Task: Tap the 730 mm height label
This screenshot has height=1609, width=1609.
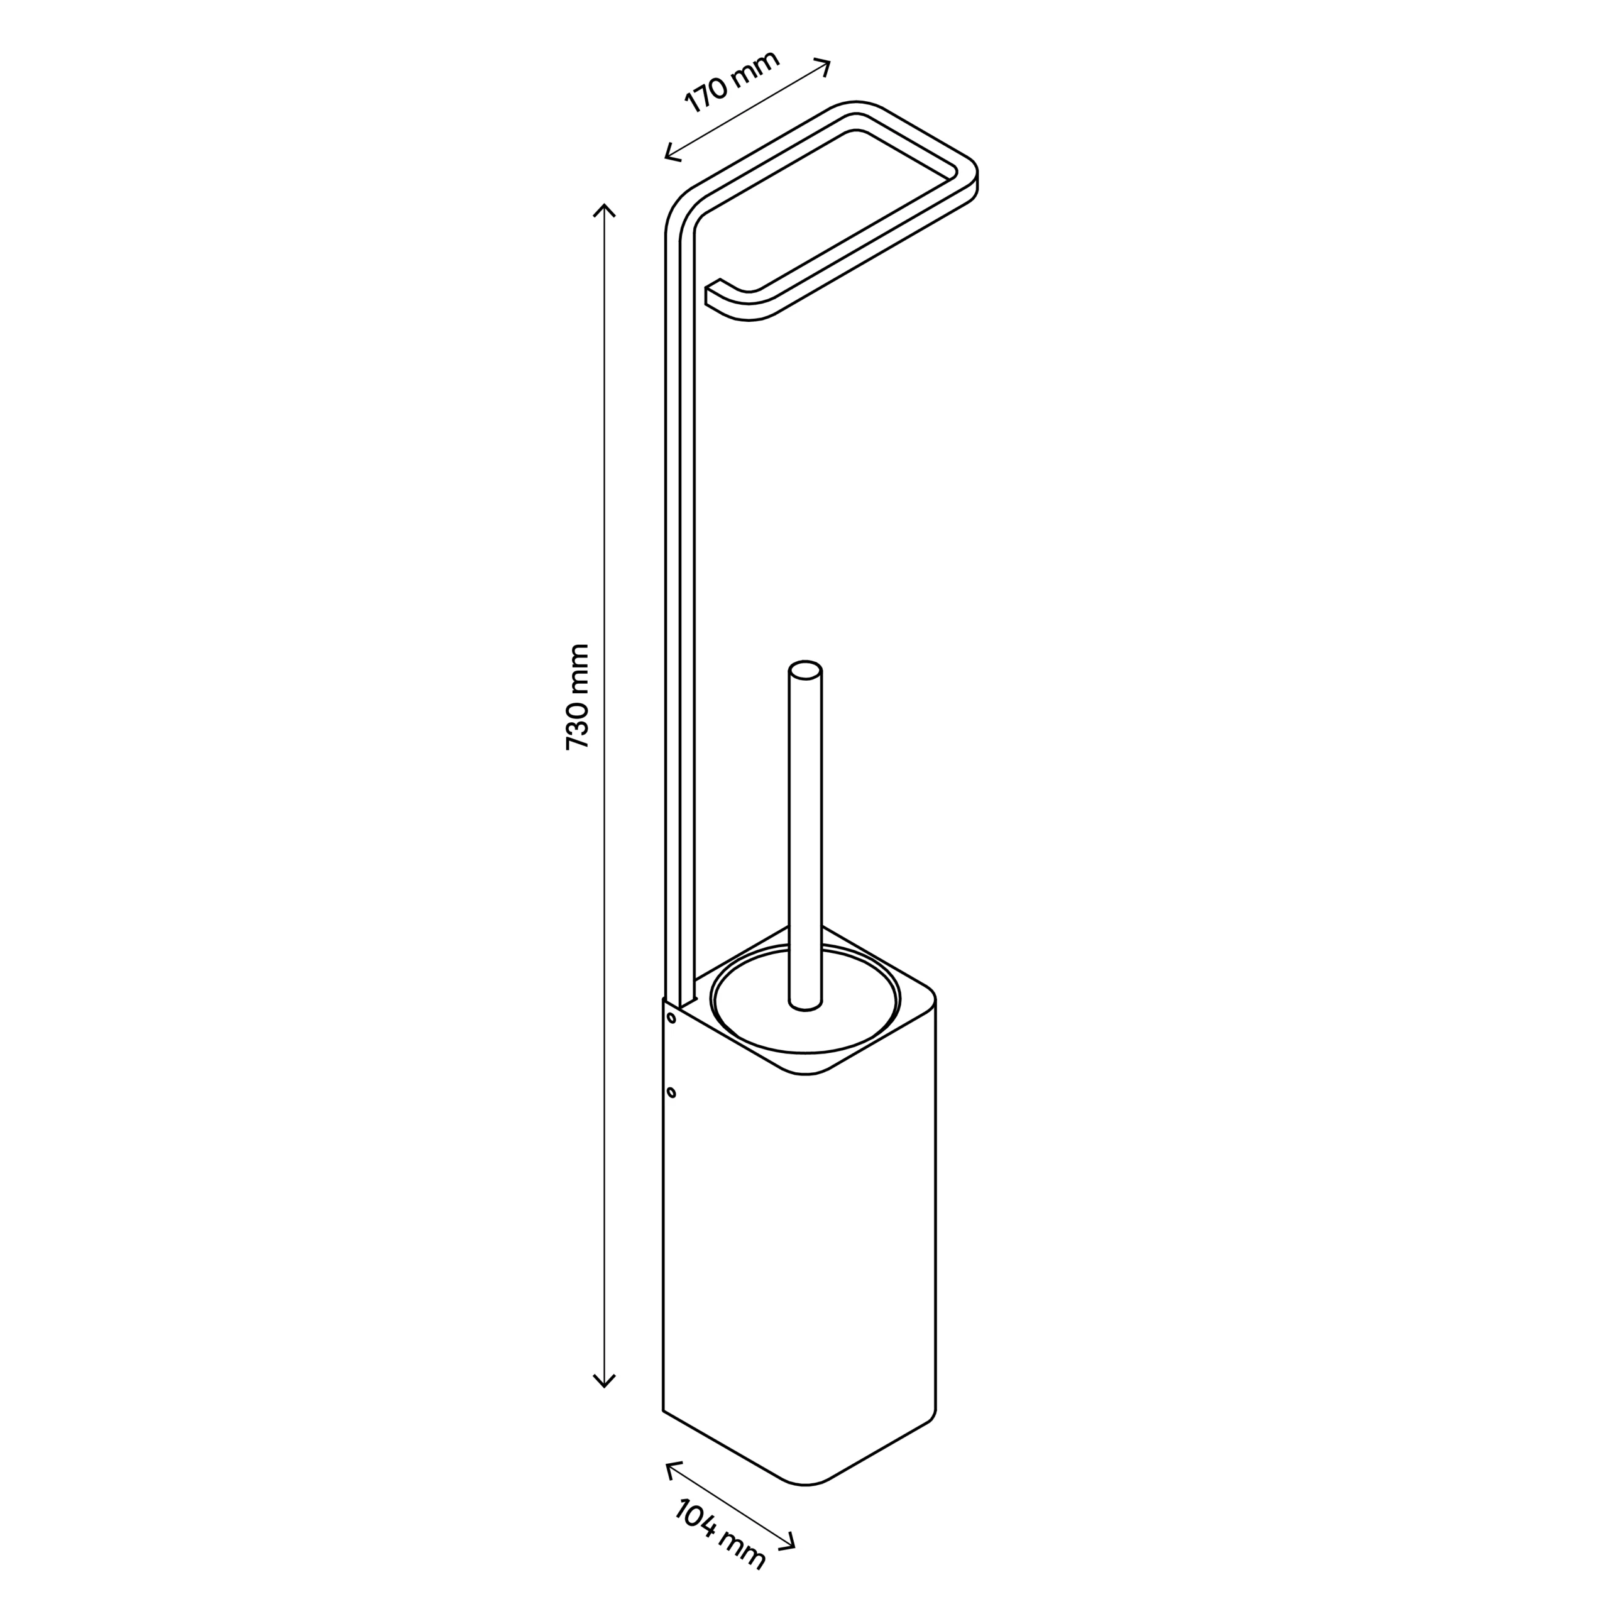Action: click(577, 697)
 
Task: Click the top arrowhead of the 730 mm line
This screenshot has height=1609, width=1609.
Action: click(604, 209)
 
